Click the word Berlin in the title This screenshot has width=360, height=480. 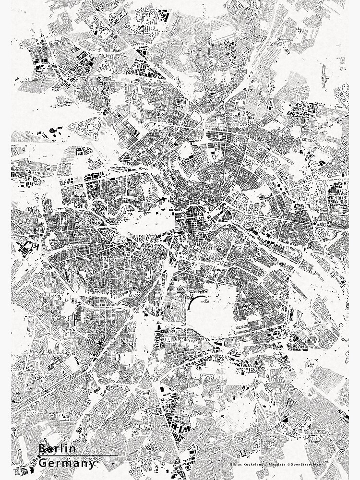[x=57, y=448]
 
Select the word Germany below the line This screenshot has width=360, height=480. [x=67, y=463]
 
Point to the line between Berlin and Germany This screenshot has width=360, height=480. [x=77, y=456]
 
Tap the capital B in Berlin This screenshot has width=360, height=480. [x=42, y=448]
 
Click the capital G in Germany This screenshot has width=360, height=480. [x=42, y=463]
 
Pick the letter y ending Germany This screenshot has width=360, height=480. [x=92, y=464]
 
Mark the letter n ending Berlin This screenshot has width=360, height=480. [x=73, y=448]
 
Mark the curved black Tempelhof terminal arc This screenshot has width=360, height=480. [x=192, y=303]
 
